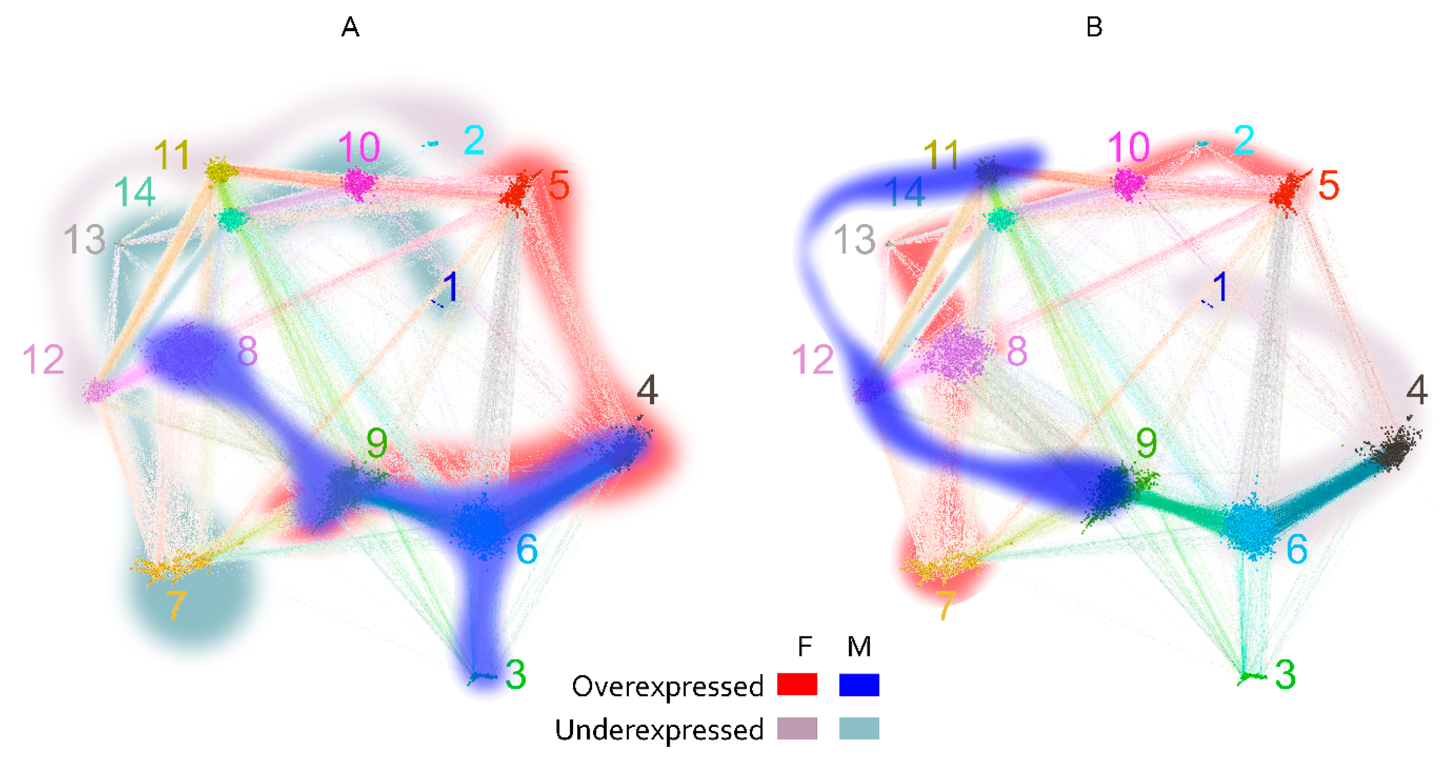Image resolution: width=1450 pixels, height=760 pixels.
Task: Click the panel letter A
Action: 350,27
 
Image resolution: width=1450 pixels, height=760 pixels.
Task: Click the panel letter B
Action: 1094,27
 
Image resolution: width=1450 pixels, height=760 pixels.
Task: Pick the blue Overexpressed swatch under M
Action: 858,684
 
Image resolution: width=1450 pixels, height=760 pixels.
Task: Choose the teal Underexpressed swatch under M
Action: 858,728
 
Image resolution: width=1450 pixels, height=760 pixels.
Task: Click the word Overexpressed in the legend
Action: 667,686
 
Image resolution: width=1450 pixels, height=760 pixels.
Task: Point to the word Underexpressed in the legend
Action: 659,730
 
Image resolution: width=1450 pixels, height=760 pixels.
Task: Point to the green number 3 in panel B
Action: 1285,674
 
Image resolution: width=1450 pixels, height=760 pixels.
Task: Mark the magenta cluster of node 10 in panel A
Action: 359,183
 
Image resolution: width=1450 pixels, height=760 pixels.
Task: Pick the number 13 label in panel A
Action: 84,239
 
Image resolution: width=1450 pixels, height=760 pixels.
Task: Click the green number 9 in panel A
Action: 377,442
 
